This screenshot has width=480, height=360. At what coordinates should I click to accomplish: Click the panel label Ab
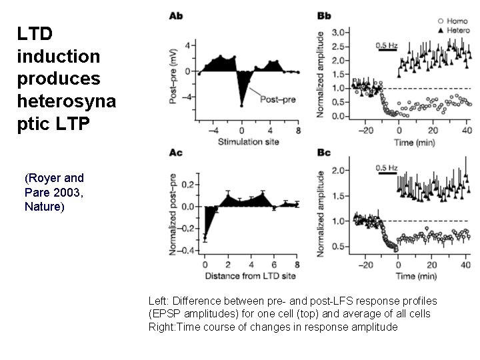(177, 15)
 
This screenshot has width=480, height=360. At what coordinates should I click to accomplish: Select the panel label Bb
(324, 15)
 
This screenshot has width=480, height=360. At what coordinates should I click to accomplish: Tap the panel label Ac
(177, 153)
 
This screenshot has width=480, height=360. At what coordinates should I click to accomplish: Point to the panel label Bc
(324, 153)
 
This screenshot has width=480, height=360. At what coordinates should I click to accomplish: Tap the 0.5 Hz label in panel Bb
(387, 45)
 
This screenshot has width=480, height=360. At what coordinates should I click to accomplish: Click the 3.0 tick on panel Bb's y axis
(339, 32)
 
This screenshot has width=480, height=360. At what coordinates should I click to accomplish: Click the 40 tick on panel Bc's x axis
(465, 265)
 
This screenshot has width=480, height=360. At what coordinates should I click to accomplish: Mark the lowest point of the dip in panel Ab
(242, 105)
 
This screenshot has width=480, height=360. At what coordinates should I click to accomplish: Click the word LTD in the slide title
(35, 33)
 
